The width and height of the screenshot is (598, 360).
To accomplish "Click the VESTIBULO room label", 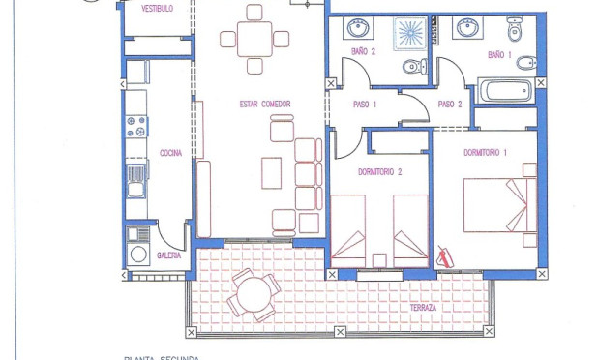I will [157, 9].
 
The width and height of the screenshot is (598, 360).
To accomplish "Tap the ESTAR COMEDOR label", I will [265, 105].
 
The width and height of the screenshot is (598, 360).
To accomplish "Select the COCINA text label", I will [169, 153].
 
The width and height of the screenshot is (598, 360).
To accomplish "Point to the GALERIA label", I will [169, 256].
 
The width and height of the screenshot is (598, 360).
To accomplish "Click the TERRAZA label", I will [423, 308].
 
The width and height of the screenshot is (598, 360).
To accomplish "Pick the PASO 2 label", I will [450, 105].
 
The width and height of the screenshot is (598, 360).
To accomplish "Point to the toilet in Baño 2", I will [413, 67].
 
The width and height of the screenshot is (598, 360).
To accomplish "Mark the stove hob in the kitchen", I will [136, 126].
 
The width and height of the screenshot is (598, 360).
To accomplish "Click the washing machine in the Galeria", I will [139, 255].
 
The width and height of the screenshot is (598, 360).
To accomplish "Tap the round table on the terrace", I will [255, 293].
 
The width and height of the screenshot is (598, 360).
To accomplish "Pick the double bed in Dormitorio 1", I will [498, 205].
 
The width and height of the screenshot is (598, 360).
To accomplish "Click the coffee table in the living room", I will [272, 172].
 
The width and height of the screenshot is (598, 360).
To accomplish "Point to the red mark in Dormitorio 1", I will [446, 255].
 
